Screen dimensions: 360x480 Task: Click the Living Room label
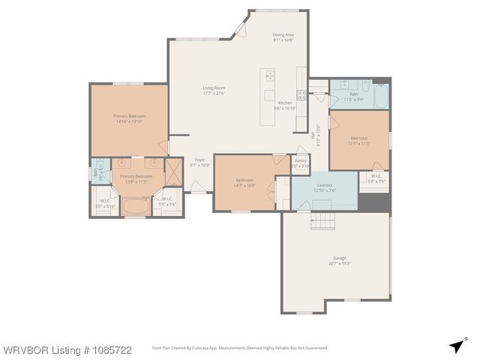[x=214, y=88]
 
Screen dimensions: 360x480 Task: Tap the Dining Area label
[x=283, y=34]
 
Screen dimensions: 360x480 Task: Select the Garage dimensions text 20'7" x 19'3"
[x=340, y=263]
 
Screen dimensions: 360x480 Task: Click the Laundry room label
[x=324, y=184]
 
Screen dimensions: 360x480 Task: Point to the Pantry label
[x=301, y=160]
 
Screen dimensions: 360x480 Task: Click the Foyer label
[x=199, y=160]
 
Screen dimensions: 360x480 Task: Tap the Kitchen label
[x=285, y=103]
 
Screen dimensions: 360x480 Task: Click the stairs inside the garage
[x=322, y=220]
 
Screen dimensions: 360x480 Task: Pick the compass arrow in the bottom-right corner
[x=457, y=345]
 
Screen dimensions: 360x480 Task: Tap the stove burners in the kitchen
[x=302, y=95]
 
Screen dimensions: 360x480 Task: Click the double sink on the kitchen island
[x=268, y=76]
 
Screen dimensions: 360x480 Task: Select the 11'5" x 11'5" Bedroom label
[x=359, y=138]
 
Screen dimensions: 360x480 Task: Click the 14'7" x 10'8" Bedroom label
[x=245, y=180]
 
